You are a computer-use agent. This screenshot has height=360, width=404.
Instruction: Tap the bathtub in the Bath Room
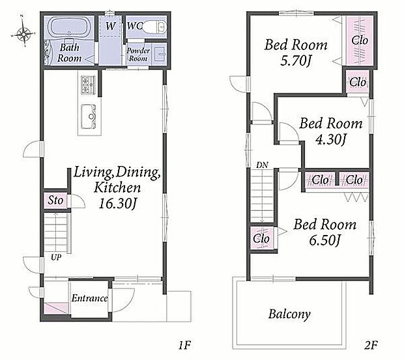point(68,27)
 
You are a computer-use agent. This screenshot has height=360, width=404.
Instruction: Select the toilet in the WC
point(154,27)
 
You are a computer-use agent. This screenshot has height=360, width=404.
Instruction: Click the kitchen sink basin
point(89,116)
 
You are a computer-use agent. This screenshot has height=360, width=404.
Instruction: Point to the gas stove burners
point(88,85)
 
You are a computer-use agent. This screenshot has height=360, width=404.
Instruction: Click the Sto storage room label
point(55,201)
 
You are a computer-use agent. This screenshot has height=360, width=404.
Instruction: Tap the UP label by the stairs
point(56,257)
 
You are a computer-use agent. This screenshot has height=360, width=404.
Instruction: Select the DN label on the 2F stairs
point(262,165)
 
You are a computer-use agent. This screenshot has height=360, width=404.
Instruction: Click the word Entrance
point(90,298)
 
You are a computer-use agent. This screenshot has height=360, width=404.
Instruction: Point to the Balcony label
point(289,314)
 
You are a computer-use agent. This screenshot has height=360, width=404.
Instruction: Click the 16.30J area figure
point(117,204)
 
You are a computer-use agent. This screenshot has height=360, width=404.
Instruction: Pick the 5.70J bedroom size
point(296,61)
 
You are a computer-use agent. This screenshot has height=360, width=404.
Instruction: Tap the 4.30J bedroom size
point(330,140)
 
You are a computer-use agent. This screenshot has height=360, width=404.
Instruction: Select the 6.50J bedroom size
point(325,241)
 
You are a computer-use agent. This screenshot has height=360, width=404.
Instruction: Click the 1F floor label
point(184,345)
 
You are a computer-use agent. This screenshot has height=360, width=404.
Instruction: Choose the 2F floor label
point(371,345)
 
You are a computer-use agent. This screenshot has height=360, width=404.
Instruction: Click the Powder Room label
point(138,54)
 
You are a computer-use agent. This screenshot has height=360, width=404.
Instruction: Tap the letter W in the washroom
point(110,26)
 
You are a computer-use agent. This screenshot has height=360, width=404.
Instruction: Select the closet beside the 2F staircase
point(262,238)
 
